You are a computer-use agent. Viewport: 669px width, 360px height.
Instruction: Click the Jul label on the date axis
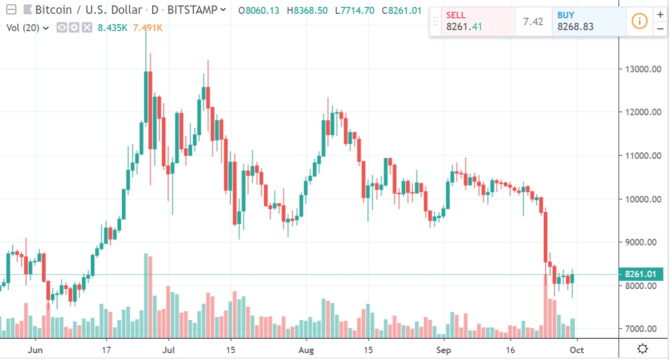point(168,350)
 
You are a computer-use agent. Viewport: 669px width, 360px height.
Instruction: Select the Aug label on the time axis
point(306,350)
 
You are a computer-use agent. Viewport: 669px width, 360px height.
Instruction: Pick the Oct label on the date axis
point(577,350)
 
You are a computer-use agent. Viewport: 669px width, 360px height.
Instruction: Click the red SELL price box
point(472,22)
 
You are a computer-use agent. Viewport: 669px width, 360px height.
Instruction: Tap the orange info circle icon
point(639,21)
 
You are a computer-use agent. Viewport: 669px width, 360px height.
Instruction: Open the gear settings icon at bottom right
point(642,349)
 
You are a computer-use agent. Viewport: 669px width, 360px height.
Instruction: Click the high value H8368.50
point(307,10)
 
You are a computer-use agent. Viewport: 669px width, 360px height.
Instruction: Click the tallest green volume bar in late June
point(146,296)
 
